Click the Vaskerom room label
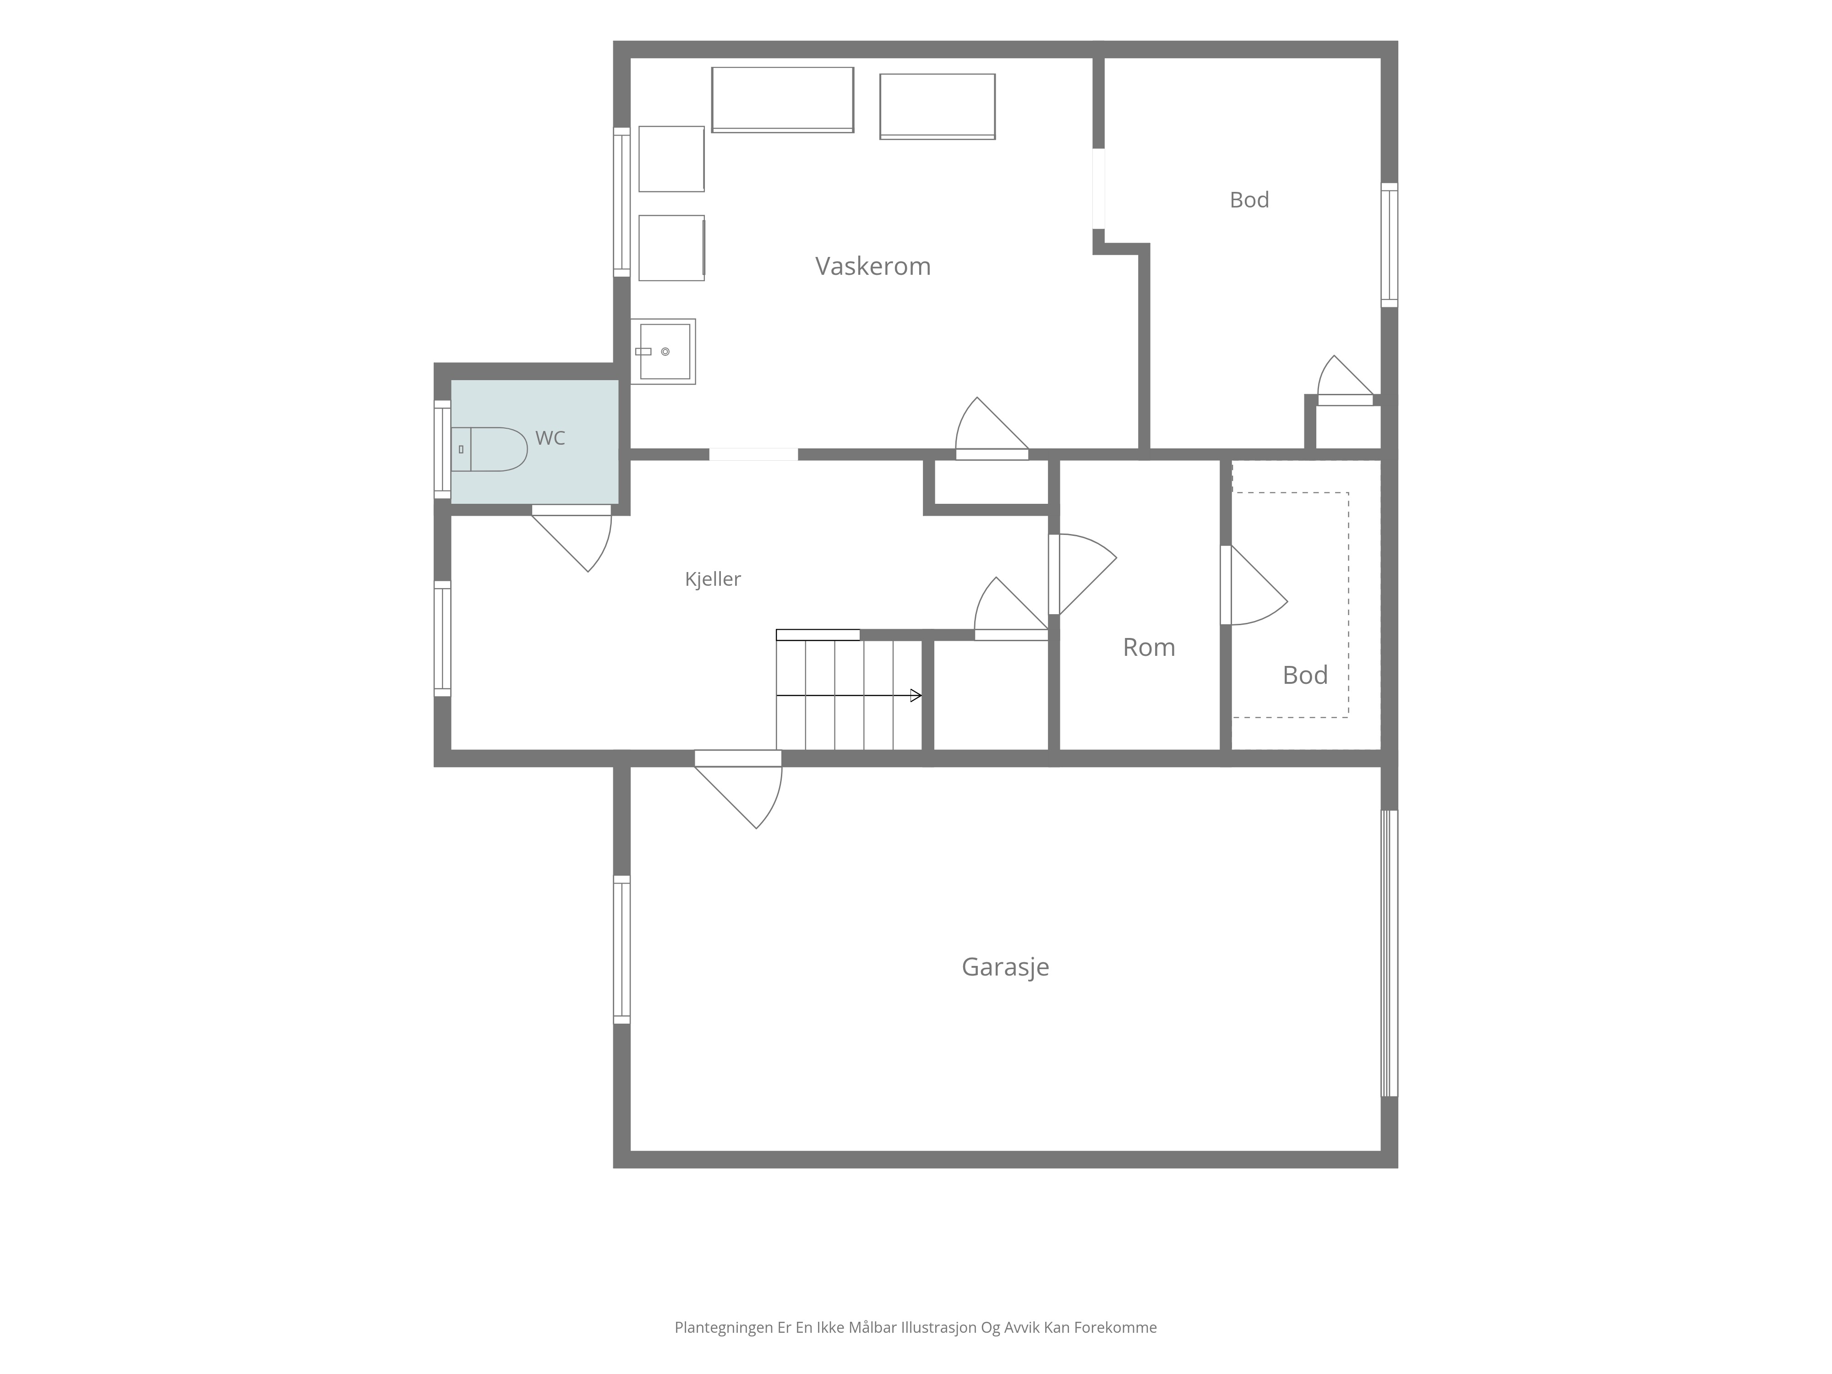click(x=873, y=266)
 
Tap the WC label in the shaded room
click(x=550, y=438)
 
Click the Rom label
click(x=1149, y=647)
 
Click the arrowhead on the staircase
click(x=916, y=696)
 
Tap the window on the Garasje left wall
click(x=621, y=949)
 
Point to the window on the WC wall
click(x=442, y=450)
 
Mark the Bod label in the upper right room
click(x=1249, y=200)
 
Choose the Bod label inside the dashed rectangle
click(x=1305, y=675)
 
